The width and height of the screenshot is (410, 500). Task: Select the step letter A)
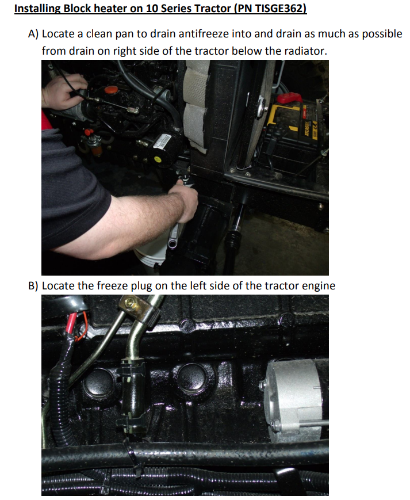pos(33,34)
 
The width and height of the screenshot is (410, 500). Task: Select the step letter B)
pos(33,286)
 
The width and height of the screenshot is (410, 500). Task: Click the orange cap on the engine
pos(111,90)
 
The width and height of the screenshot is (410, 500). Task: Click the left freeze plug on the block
pos(99,381)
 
